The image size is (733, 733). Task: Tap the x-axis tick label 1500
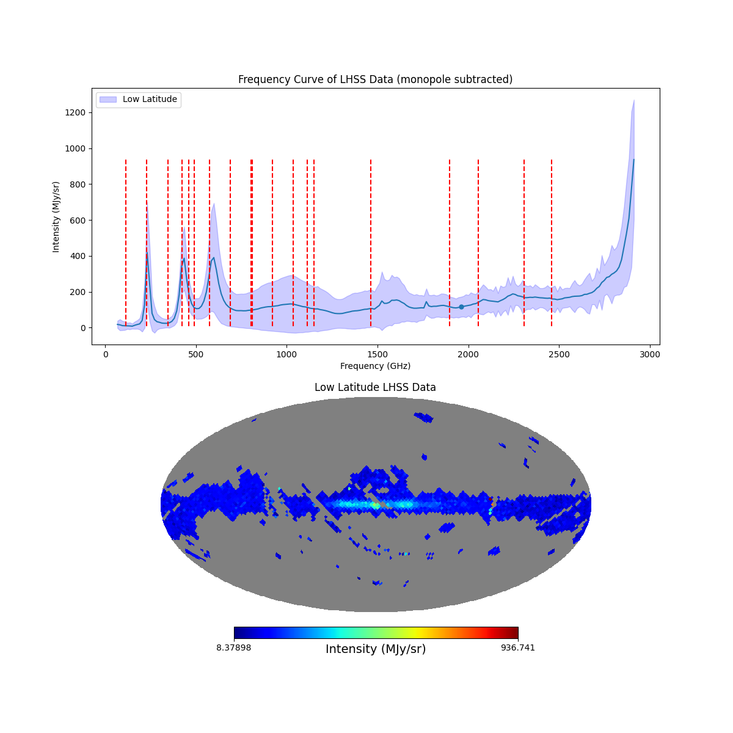(x=377, y=354)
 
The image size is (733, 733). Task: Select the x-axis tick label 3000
(x=650, y=354)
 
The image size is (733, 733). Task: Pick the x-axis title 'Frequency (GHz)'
(x=375, y=366)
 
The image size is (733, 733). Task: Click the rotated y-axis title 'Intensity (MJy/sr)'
(x=56, y=216)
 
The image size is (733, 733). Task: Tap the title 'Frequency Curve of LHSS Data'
(x=375, y=79)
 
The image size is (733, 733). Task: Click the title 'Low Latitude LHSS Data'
(x=375, y=387)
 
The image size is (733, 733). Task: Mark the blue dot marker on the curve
(x=461, y=307)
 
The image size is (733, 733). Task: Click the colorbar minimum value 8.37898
(x=233, y=647)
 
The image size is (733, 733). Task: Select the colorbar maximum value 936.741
(x=518, y=647)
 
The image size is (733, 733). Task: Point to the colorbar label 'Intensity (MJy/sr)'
(x=376, y=649)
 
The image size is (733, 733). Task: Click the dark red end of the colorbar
(x=515, y=633)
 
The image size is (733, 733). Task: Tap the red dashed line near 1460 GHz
(x=371, y=244)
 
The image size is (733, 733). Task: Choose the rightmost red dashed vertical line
(x=552, y=244)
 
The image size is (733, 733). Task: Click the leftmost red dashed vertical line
(x=126, y=244)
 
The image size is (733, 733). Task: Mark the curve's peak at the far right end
(x=633, y=159)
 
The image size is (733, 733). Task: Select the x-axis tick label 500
(x=196, y=354)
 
